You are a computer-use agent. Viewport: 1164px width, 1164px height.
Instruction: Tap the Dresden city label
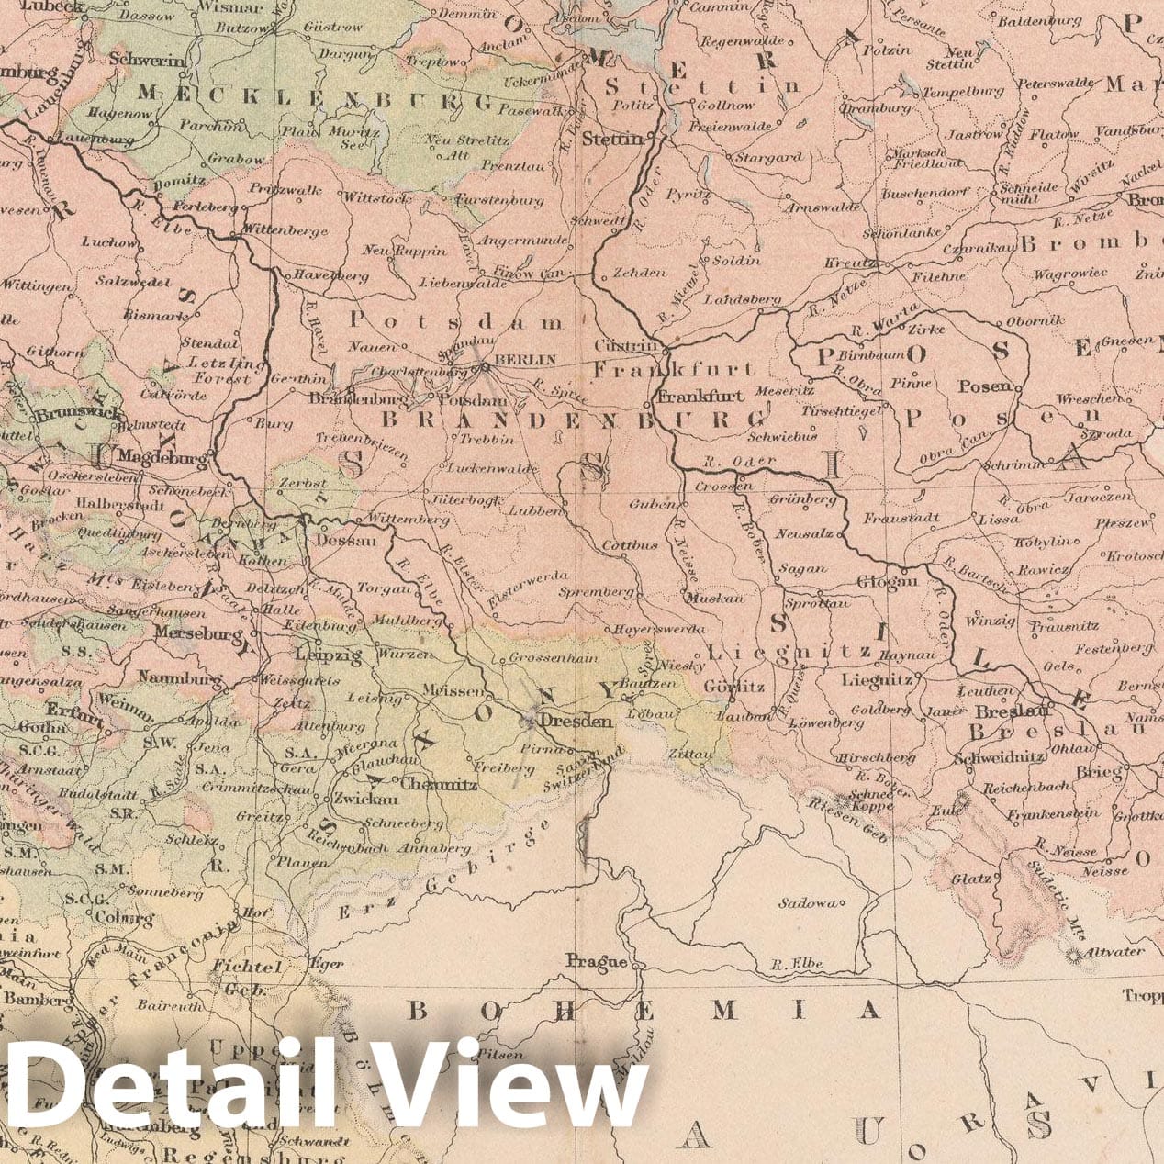[x=576, y=722]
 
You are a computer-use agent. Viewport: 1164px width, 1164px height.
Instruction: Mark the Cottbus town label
[x=630, y=545]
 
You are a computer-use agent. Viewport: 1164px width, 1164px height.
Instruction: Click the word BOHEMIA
[x=643, y=1011]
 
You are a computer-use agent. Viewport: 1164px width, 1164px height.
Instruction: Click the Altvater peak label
[x=1114, y=951]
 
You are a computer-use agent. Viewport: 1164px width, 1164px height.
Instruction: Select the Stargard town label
[x=769, y=158]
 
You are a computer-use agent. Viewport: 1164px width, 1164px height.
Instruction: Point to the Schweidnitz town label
[x=998, y=758]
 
